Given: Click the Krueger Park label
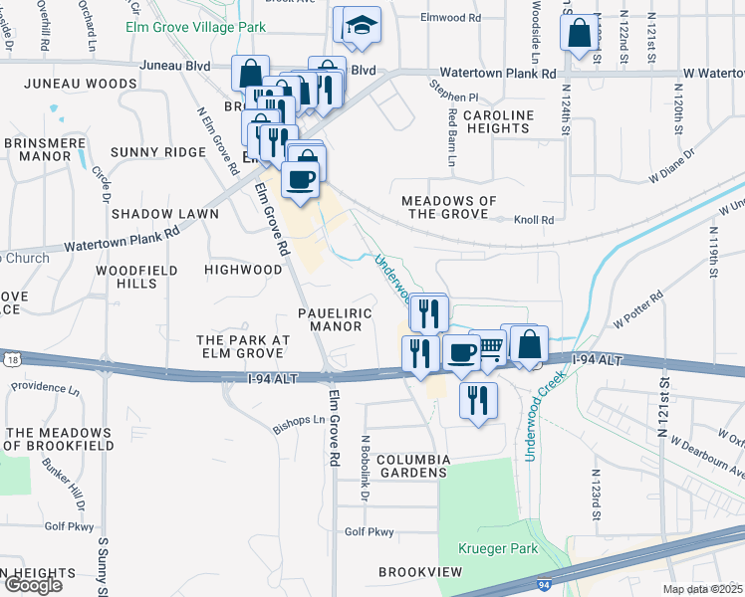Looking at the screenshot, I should pos(498,548).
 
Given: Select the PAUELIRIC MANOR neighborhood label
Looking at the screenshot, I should pos(335,319).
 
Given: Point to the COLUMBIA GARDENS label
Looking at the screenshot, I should pos(399,466).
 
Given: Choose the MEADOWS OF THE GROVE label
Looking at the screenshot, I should pos(448,207).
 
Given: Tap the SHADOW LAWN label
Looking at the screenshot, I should pos(157,214).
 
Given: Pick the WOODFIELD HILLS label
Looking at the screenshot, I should pos(137,277).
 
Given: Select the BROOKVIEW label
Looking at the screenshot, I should pos(420,572).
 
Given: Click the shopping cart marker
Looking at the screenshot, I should pos(489,349).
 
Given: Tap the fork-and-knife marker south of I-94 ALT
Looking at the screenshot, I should pos(478,400).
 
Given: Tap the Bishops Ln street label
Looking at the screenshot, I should pos(298,425).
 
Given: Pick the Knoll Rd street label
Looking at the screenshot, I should pos(533,219).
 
